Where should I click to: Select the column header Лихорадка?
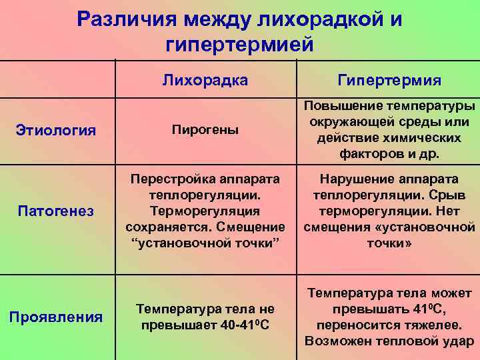click(x=205, y=80)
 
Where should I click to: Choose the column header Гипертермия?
click(x=389, y=80)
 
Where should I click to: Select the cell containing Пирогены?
click(x=205, y=129)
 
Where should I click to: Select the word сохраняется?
click(x=166, y=227)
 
